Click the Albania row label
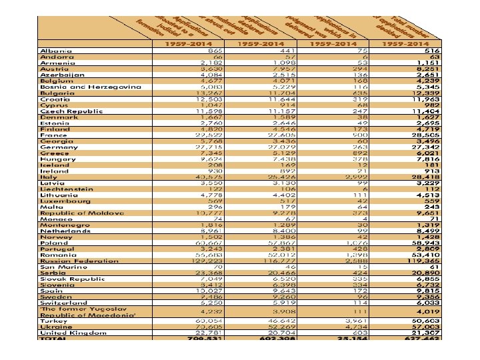pyautogui.click(x=53, y=50)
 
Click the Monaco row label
pyautogui.click(x=55, y=219)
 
